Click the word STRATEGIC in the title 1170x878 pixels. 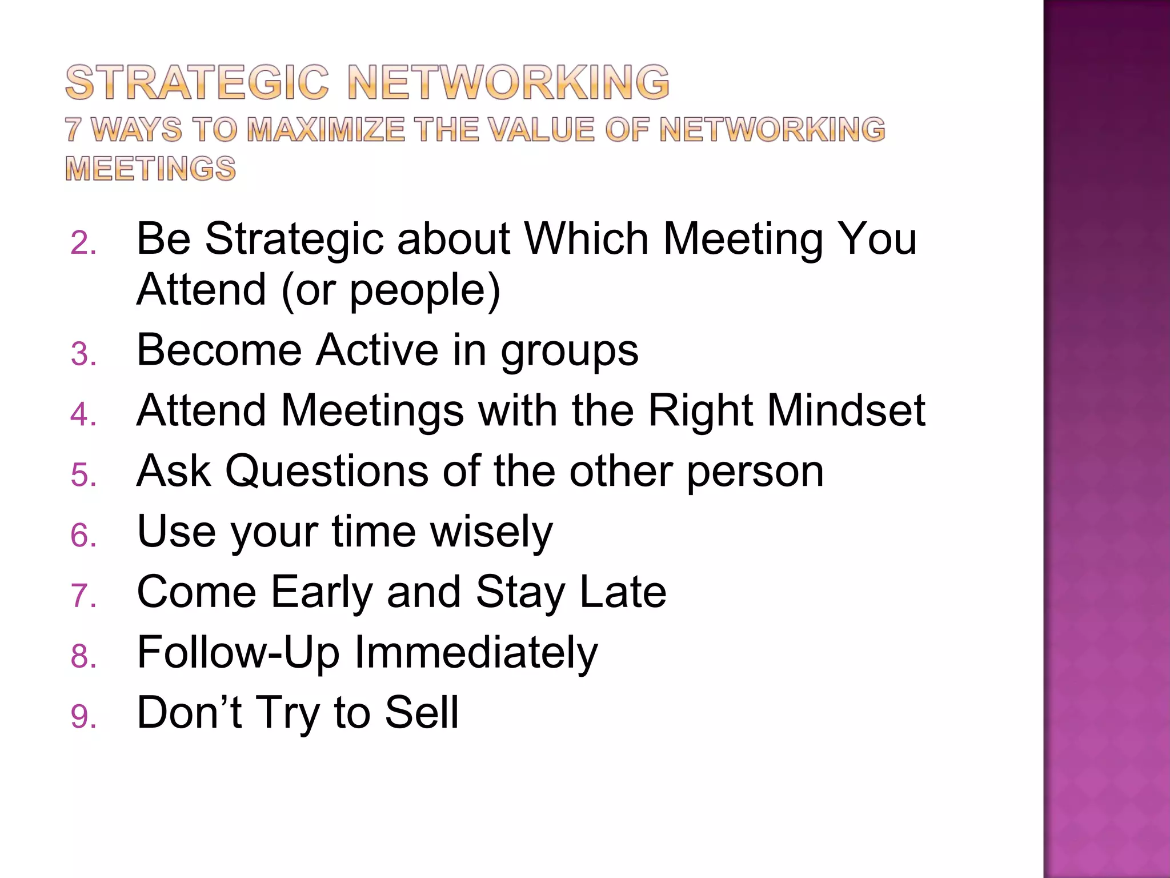coord(197,83)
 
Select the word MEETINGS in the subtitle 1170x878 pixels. coord(150,169)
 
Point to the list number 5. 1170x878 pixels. coord(83,476)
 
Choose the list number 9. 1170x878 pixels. coord(83,717)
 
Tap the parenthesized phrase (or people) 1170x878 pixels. coord(390,290)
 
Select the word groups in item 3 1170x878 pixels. coord(569,351)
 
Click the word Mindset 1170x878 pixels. coord(845,411)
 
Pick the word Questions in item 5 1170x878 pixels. coord(327,472)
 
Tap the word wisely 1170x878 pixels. coord(491,532)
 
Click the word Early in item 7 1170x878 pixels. coord(322,593)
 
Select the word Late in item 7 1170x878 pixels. coord(623,593)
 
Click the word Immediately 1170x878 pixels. coord(476,653)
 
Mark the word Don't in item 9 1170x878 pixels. coord(190,713)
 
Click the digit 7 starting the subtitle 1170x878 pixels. coord(73,130)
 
